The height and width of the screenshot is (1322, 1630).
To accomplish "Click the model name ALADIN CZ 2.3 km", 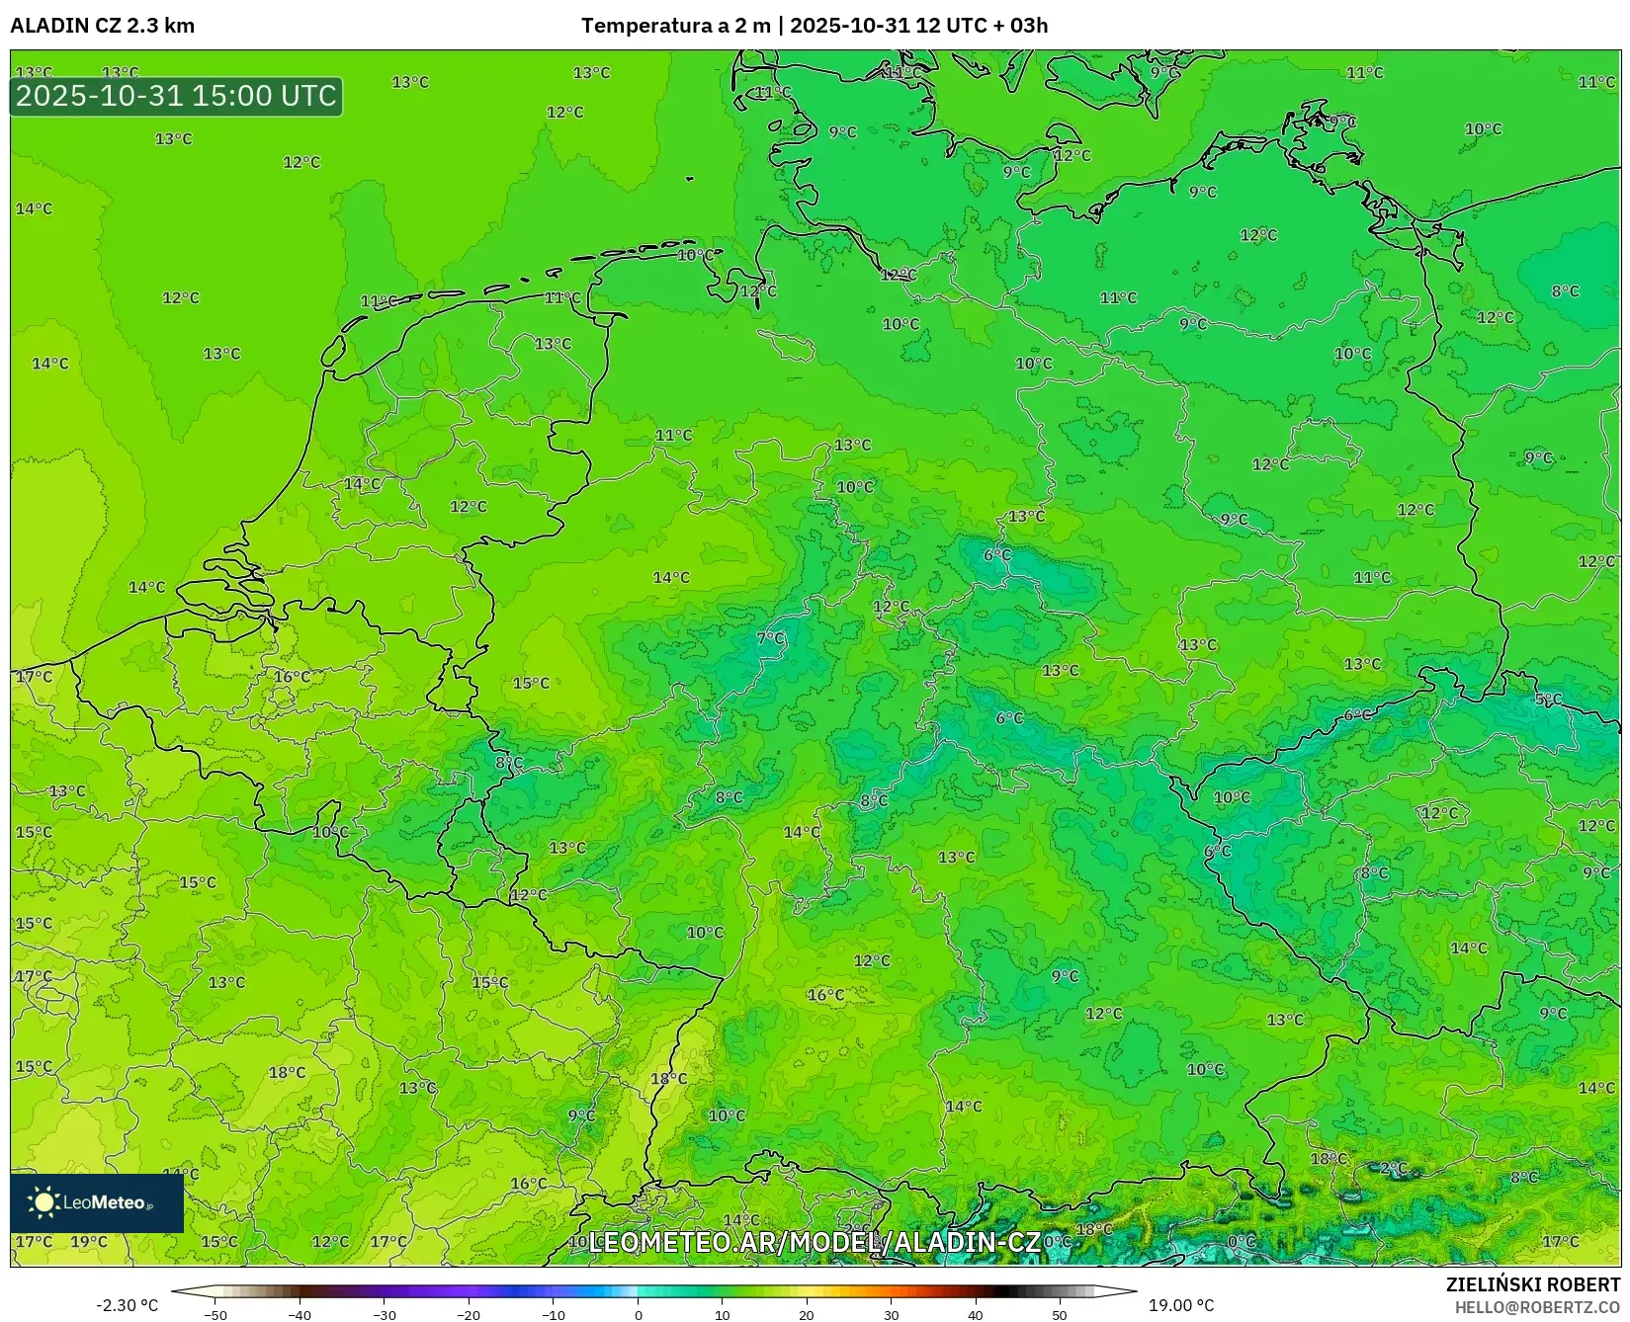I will click(102, 26).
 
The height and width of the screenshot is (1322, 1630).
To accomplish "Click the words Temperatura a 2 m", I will click(675, 26).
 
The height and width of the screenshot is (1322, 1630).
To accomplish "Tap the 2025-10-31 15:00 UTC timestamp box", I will click(176, 96).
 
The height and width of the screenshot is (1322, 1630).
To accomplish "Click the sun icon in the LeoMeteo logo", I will click(43, 1202).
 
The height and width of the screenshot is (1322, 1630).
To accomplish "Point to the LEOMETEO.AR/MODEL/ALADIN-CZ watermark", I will click(815, 1242).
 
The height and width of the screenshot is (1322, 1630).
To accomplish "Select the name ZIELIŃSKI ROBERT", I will click(1533, 1284).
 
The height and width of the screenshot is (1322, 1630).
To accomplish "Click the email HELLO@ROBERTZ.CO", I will click(1537, 1307).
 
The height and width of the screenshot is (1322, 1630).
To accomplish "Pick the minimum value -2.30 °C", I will click(127, 1305).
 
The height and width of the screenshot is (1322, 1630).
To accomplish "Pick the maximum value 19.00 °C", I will click(1181, 1305).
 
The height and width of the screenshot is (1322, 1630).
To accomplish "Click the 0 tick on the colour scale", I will click(639, 1314).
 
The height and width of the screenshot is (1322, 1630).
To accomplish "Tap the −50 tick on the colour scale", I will click(214, 1314).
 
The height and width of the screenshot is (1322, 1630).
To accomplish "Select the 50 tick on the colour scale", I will click(1060, 1314).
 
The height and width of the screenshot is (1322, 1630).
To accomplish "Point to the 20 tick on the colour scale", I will click(807, 1314).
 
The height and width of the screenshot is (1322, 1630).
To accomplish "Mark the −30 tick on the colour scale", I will click(384, 1314).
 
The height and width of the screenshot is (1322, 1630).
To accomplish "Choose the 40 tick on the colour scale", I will click(976, 1314).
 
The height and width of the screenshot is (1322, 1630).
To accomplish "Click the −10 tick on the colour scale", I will click(554, 1314).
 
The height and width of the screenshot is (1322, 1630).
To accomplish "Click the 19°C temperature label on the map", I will click(89, 1242).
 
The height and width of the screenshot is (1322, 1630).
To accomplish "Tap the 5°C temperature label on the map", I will click(1548, 700).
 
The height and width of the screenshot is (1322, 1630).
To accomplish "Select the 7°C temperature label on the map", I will click(771, 638).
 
